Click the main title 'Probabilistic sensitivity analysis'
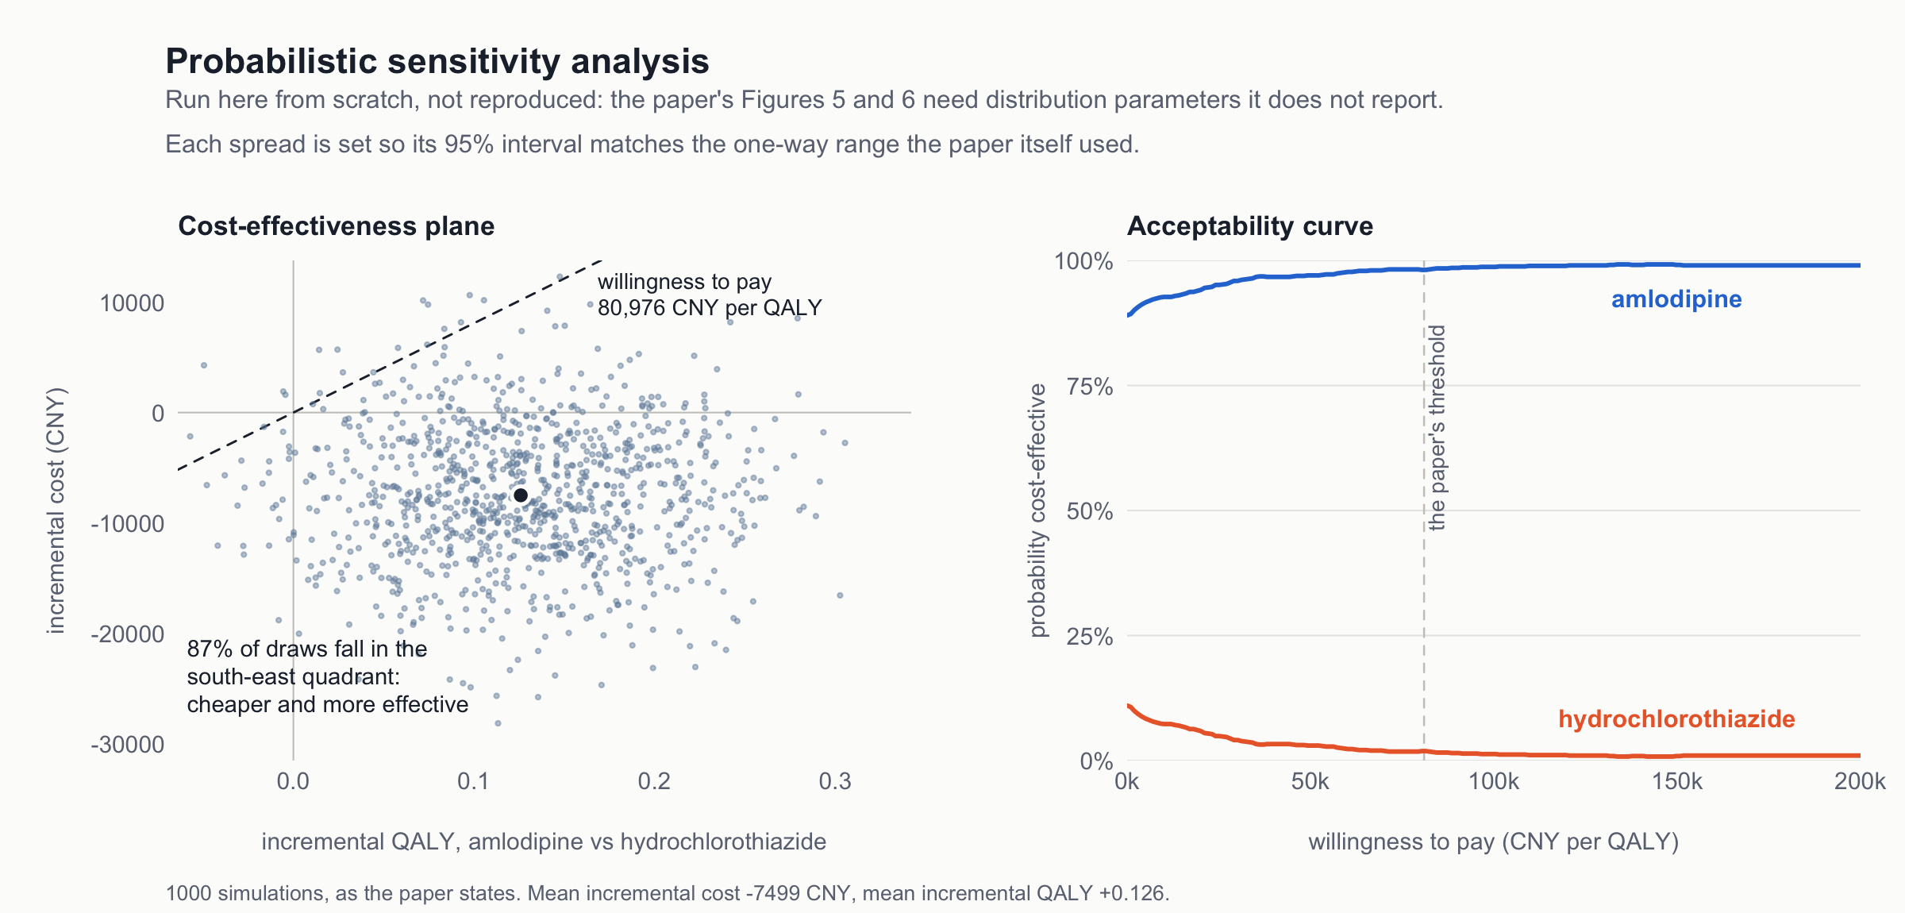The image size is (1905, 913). pos(437,62)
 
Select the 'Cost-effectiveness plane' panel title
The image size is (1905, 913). pos(337,226)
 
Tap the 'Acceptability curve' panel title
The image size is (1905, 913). pos(1250,226)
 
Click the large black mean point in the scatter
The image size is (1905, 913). pos(521,495)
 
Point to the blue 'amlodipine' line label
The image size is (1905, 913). pos(1676,299)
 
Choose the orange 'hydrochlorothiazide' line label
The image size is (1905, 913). pos(1676,718)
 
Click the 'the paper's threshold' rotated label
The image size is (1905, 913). pos(1437,427)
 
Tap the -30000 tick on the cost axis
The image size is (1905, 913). pos(128,745)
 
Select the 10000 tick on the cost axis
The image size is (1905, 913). pos(132,303)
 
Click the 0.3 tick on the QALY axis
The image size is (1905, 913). pos(835,782)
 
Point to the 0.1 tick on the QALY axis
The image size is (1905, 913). pos(474,782)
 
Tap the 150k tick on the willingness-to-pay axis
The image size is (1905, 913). pos(1677,782)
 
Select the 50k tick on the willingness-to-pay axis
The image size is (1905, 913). pos(1310,782)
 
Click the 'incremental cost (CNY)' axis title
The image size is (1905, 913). pos(56,510)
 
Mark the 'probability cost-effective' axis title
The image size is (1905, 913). pos(1037,510)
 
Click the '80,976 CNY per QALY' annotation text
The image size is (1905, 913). pos(710,308)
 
